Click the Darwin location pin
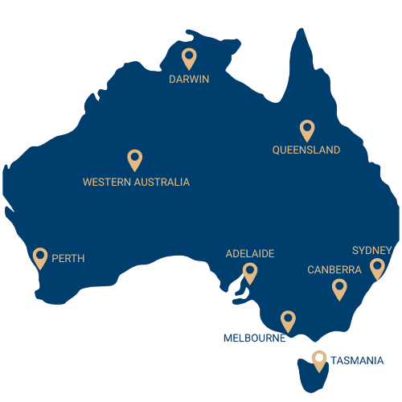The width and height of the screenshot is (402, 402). click(x=189, y=58)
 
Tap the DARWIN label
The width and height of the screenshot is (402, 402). click(x=189, y=80)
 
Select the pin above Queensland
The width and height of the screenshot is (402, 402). click(x=306, y=129)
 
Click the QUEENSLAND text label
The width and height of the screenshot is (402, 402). click(x=306, y=150)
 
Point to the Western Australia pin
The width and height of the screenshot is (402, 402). click(x=135, y=159)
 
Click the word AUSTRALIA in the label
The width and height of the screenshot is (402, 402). click(x=163, y=183)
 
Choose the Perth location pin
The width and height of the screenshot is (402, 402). click(x=40, y=257)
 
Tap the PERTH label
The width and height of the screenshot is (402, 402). click(x=68, y=259)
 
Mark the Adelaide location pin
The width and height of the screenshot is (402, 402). click(x=250, y=273)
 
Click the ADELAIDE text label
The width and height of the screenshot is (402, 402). click(x=250, y=254)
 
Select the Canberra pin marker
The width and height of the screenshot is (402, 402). click(x=339, y=289)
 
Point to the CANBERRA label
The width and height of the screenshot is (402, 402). click(x=334, y=270)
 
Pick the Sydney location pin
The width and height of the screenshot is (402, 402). click(x=376, y=269)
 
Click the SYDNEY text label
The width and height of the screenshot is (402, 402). click(x=371, y=251)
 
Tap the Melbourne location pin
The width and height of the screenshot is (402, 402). click(x=288, y=321)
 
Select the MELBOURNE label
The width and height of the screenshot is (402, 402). click(x=255, y=338)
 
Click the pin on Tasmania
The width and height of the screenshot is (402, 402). click(x=320, y=360)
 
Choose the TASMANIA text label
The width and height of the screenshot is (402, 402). click(x=356, y=360)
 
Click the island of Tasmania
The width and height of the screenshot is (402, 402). click(x=310, y=375)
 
